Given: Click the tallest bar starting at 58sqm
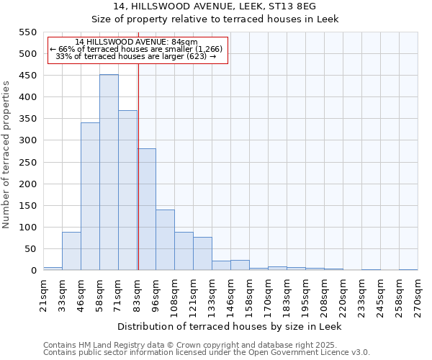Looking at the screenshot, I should [x=109, y=173].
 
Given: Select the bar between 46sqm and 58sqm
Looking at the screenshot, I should [x=90, y=197].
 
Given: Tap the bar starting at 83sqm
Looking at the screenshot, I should [x=147, y=210].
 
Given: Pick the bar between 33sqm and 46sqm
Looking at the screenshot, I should [x=71, y=251].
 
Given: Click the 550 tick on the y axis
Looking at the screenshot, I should [x=27, y=32].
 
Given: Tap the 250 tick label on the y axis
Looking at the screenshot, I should [x=27, y=163].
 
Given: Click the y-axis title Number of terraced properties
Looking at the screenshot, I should [x=6, y=155].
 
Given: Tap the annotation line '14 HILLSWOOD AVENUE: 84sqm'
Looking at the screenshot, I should [x=136, y=42].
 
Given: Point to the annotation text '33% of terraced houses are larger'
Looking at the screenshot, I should [x=136, y=56].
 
